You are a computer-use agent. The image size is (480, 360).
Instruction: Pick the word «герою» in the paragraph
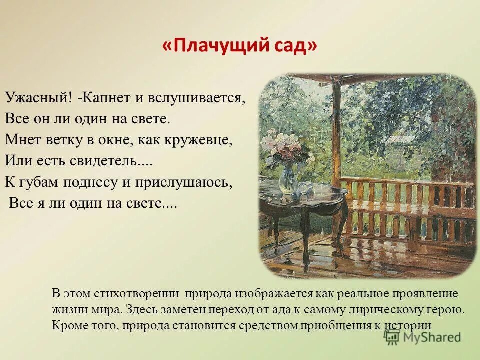coord(446,309)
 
